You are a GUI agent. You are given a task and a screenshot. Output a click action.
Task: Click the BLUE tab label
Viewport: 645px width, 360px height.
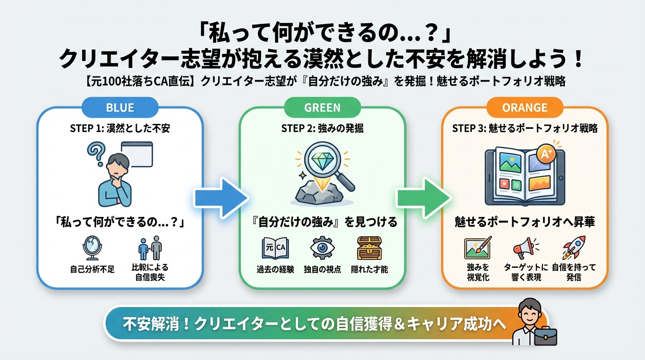click(120, 107)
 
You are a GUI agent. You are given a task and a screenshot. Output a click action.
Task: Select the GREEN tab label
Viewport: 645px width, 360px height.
click(322, 107)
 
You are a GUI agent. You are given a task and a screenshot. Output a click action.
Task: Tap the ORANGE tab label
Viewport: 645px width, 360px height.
click(525, 107)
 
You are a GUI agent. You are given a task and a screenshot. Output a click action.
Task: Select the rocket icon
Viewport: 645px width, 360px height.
click(574, 247)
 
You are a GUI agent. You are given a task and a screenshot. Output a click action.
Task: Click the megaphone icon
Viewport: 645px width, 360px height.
click(525, 247)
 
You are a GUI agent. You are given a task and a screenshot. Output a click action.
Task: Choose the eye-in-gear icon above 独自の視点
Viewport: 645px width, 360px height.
click(322, 247)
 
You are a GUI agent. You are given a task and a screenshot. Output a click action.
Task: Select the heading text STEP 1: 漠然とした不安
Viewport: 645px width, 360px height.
click(120, 128)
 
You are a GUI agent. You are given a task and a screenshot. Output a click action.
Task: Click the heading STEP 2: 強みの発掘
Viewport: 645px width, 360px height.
click(322, 128)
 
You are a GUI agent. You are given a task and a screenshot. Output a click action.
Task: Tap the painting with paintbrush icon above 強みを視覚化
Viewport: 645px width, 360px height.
click(477, 247)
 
